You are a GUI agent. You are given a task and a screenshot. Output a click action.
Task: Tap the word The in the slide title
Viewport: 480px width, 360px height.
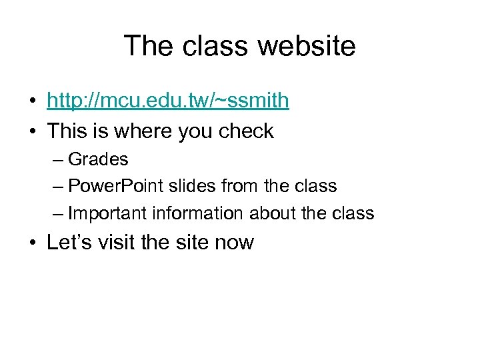(149, 46)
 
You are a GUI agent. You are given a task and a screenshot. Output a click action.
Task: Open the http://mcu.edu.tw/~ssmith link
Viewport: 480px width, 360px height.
(168, 101)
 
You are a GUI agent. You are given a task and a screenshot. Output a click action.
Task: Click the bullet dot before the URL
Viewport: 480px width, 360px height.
(32, 102)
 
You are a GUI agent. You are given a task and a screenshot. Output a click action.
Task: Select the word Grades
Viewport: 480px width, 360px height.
(98, 160)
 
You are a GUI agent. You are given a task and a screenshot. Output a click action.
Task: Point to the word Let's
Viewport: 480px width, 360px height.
(69, 242)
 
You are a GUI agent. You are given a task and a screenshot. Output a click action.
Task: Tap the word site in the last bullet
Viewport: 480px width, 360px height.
(192, 242)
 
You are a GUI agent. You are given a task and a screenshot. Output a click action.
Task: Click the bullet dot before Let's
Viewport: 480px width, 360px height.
(32, 243)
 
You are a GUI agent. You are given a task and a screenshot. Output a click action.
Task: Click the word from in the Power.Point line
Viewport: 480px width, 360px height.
(239, 187)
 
